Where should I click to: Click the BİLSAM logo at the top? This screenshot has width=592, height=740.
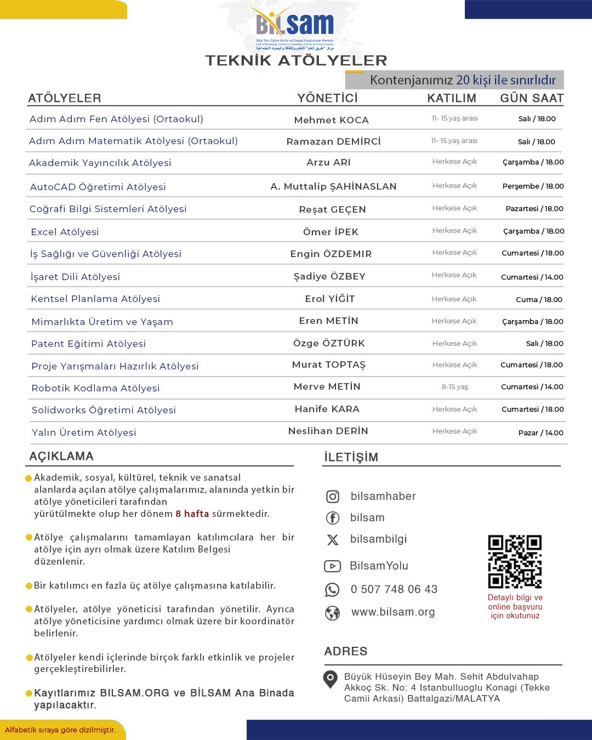(295, 27)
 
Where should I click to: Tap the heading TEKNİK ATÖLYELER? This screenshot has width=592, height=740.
(296, 60)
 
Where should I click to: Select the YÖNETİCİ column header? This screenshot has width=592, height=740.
(327, 98)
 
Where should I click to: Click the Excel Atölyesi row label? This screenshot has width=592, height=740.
(65, 232)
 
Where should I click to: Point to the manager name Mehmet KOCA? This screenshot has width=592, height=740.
(331, 120)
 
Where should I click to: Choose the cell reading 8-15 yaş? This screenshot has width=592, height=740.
(455, 387)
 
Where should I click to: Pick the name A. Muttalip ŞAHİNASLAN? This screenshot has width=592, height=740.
(333, 186)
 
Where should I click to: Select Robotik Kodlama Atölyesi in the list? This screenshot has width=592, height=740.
(95, 388)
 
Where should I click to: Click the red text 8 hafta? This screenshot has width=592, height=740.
(192, 514)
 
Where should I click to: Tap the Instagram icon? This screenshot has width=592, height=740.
(333, 497)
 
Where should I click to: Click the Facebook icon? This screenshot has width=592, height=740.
(333, 518)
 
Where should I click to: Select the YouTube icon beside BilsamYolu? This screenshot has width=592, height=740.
(332, 566)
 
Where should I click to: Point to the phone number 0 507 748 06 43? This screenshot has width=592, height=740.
(394, 589)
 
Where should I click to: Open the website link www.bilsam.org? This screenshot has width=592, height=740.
(392, 612)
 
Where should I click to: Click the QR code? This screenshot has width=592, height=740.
(515, 561)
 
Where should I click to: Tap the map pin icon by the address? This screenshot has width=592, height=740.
(330, 679)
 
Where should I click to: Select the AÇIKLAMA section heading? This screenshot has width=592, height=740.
(61, 456)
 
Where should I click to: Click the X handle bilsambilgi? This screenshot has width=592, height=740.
(378, 539)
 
